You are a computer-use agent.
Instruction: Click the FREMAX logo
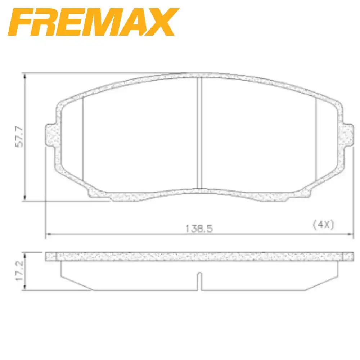coord(93,22)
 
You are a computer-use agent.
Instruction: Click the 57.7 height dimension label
coord(19,136)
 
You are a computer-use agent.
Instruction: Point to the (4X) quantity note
coord(323,225)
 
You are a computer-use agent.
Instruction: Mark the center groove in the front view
coord(199,133)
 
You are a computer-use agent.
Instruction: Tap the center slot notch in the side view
coord(199,281)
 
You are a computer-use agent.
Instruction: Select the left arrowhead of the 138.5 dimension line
coord(47,235)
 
